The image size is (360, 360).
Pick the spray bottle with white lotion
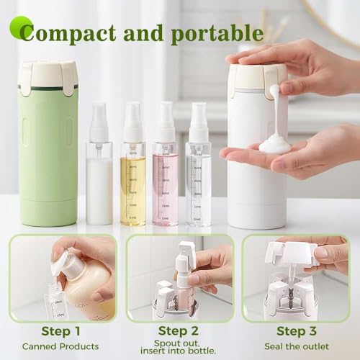tap(99, 180)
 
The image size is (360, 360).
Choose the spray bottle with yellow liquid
tap(132, 184)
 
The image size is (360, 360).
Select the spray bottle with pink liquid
tap(165, 184)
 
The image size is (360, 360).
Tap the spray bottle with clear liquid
tap(198, 184)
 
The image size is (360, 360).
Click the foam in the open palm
tap(274, 143)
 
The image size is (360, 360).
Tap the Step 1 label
tap(59, 331)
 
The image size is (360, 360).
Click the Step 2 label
tap(179, 330)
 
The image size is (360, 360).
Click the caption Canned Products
tap(60, 346)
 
